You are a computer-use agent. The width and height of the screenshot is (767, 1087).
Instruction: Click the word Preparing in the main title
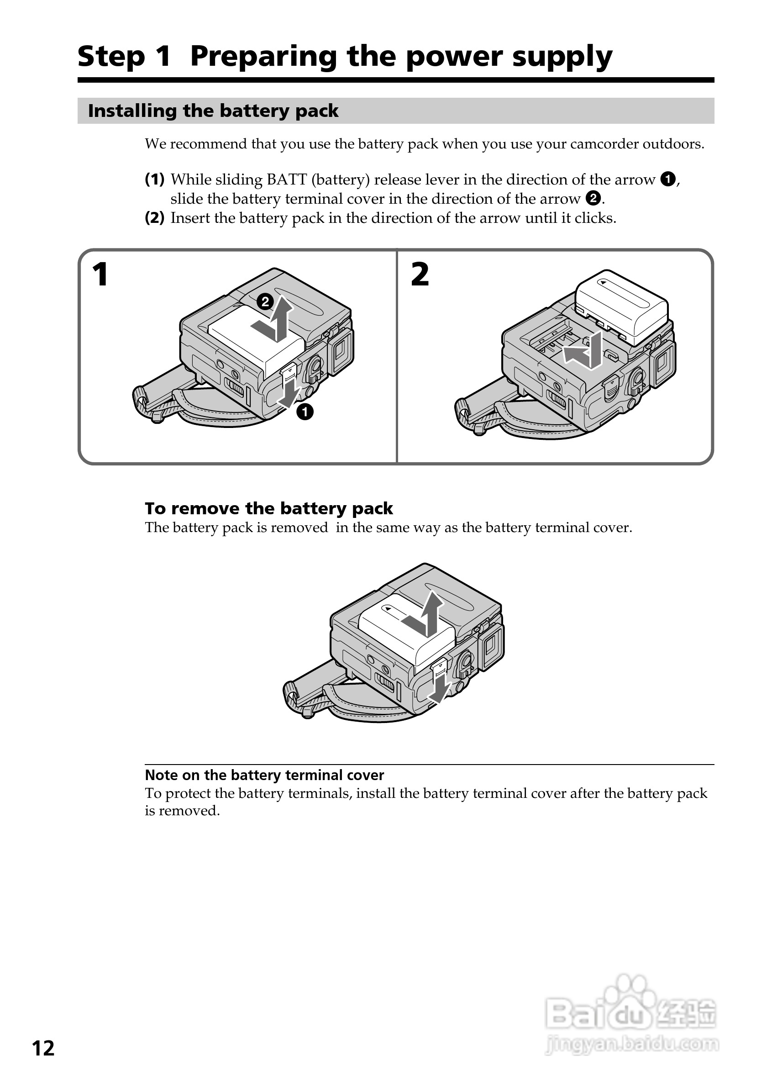(x=264, y=56)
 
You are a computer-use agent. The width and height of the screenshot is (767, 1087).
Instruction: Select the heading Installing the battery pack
(x=213, y=111)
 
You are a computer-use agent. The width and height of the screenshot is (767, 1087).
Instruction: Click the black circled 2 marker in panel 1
(x=265, y=301)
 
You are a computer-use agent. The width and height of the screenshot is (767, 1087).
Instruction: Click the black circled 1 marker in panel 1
(x=305, y=412)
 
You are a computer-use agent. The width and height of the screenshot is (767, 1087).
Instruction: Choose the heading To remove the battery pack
(x=268, y=508)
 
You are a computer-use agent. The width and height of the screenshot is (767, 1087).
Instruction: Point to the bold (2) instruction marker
(x=155, y=218)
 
